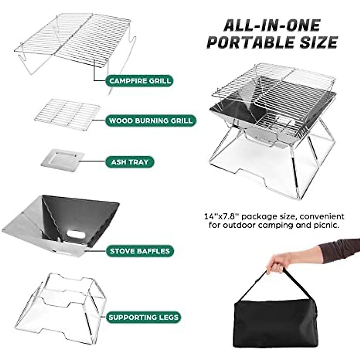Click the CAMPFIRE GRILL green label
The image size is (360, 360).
140,81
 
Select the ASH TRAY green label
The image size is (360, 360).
130,162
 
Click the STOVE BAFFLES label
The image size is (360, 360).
140,251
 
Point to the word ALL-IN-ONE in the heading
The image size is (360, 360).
272,25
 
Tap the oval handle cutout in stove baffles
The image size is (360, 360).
76,234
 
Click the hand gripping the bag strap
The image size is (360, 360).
278,261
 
